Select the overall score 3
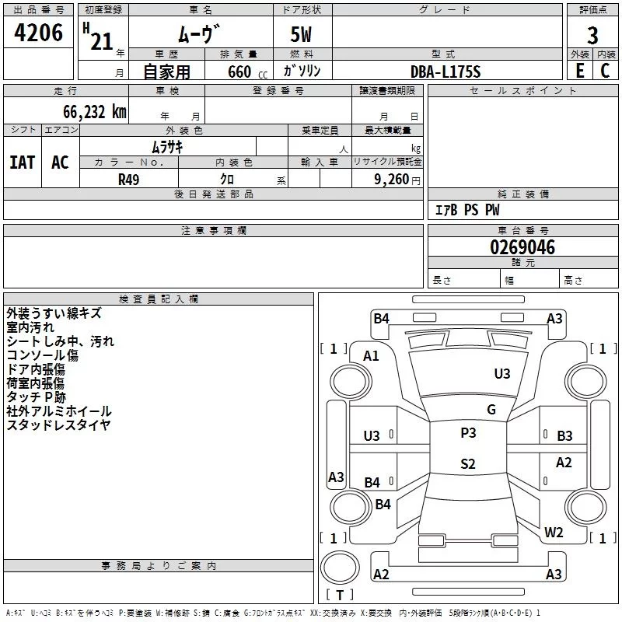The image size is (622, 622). (x=592, y=35)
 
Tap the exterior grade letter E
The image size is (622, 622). (x=579, y=70)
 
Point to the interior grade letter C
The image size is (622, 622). (x=606, y=70)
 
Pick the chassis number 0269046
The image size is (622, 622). (x=522, y=248)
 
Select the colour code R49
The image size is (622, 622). (x=130, y=179)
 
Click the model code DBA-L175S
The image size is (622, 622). (x=446, y=72)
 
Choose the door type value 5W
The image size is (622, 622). (x=302, y=35)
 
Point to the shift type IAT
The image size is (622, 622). (x=22, y=162)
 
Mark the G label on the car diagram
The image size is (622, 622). (x=491, y=410)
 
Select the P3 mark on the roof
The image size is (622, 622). (x=468, y=433)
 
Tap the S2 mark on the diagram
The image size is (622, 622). (x=467, y=464)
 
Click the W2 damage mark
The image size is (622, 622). (x=554, y=533)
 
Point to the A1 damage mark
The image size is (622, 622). (x=372, y=356)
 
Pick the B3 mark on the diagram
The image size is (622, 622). (x=564, y=436)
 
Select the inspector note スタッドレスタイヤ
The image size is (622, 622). (x=59, y=425)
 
